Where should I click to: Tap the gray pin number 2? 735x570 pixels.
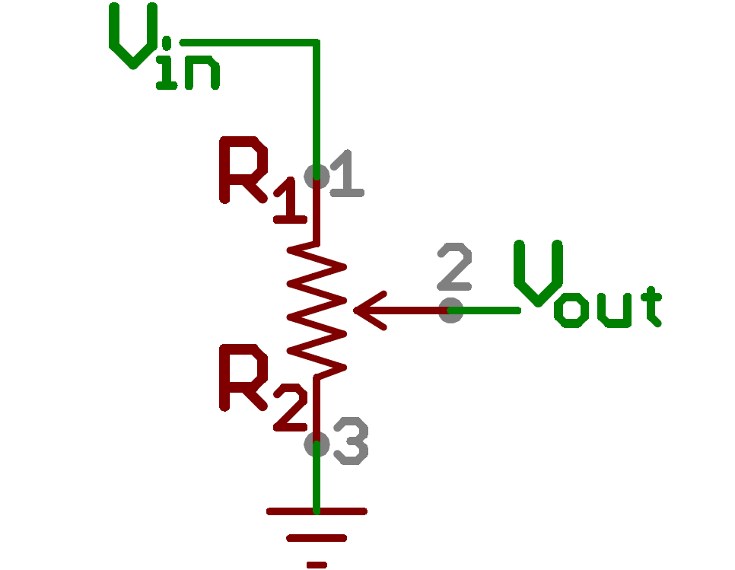[x=455, y=267]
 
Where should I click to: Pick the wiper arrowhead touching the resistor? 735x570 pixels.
[x=365, y=310]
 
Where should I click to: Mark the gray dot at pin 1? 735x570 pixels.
[x=316, y=176]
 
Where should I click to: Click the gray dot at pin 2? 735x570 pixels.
[x=451, y=310]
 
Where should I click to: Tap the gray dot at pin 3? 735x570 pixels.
[x=316, y=444]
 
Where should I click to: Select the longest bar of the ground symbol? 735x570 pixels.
[x=317, y=511]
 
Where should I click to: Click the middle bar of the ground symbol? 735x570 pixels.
[x=317, y=538]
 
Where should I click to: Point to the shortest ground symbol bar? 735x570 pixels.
[x=317, y=564]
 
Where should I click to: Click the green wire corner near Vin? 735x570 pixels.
[x=316, y=43]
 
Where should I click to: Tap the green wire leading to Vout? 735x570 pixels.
[x=487, y=310]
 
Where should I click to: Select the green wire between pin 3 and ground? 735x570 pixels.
[x=317, y=479]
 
